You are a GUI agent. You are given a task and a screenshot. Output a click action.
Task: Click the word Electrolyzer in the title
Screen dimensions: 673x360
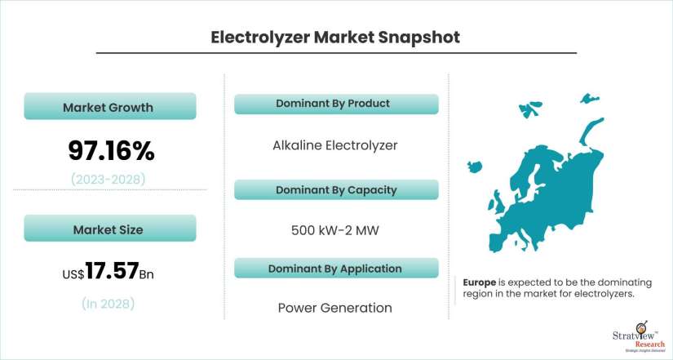[260, 38]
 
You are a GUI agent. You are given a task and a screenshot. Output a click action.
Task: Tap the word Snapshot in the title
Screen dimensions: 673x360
[419, 38]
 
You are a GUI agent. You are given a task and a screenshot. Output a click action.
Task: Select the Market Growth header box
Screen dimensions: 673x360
[110, 106]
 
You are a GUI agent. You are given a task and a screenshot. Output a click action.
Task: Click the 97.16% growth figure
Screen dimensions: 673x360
[111, 151]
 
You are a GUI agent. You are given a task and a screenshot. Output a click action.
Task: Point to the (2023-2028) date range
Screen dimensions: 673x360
[108, 179]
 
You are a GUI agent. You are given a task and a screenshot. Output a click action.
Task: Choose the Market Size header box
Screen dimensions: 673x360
[110, 228]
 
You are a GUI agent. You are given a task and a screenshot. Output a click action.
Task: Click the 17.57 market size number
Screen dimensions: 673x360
[112, 271]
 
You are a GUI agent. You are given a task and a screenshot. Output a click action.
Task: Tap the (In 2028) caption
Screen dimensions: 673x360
[108, 304]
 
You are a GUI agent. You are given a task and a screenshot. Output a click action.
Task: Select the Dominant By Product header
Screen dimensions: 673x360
[336, 104]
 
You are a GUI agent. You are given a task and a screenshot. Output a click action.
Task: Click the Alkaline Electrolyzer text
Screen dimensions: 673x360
[335, 145]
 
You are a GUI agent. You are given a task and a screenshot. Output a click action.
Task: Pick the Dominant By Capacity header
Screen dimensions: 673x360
[336, 190]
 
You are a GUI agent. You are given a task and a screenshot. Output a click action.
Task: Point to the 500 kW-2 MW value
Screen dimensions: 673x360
[335, 230]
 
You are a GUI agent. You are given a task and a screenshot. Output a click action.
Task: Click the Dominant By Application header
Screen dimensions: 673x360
[336, 269]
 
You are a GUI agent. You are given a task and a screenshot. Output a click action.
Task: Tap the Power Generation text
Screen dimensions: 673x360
[335, 308]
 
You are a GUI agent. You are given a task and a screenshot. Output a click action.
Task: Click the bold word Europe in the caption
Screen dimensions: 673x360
[480, 282]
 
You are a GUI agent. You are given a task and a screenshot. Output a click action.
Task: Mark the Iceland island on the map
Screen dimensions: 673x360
[473, 166]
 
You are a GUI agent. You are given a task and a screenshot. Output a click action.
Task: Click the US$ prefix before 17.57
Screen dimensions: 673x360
[73, 274]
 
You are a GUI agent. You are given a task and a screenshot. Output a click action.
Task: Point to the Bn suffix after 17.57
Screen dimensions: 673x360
[147, 274]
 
